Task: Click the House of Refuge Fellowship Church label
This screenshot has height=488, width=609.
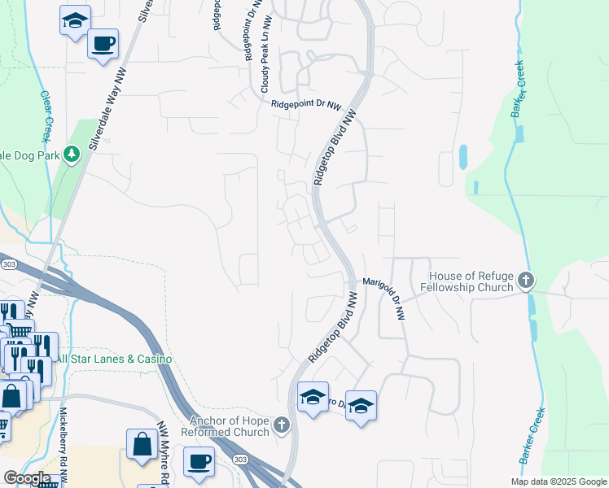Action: pyautogui.click(x=471, y=281)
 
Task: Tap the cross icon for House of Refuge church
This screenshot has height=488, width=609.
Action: pyautogui.click(x=526, y=281)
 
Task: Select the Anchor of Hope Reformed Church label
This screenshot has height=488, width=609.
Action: pyautogui.click(x=229, y=426)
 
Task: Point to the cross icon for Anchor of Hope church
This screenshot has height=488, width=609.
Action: pyautogui.click(x=282, y=424)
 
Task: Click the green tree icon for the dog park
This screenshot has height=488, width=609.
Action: pyautogui.click(x=72, y=153)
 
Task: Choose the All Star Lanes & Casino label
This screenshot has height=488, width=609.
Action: pyautogui.click(x=113, y=359)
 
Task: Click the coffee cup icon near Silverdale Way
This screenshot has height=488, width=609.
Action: pyautogui.click(x=103, y=43)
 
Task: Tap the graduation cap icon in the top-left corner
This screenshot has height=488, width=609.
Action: pyautogui.click(x=75, y=21)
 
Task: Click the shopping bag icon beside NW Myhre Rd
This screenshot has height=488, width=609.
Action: pyautogui.click(x=142, y=444)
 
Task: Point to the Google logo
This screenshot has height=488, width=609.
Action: pyautogui.click(x=27, y=478)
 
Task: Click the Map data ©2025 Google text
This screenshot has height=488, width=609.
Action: pyautogui.click(x=558, y=481)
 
